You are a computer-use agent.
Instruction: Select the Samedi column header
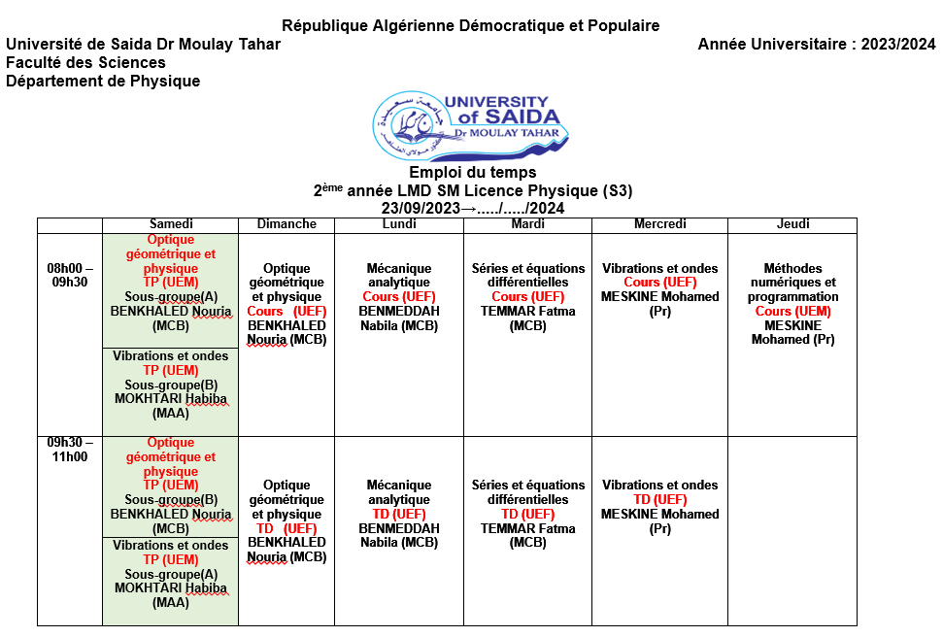[x=170, y=224]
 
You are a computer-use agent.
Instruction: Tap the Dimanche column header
[x=286, y=224]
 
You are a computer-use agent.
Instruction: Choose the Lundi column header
[x=399, y=224]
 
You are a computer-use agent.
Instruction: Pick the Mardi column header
[x=527, y=224]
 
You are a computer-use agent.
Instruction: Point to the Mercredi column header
[x=659, y=224]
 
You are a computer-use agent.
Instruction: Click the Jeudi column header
[x=792, y=224]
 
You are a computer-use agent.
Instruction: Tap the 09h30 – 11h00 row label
[x=70, y=450]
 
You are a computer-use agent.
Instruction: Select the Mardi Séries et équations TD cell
[x=527, y=514]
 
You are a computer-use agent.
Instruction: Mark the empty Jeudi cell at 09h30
[x=792, y=529]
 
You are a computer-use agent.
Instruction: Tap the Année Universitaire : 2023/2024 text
[x=817, y=44]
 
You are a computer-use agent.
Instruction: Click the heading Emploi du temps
[x=472, y=173]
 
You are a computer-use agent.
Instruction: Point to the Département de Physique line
[x=103, y=82]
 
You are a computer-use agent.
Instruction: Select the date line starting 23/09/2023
[x=472, y=208]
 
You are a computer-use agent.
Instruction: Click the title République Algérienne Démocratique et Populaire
[x=470, y=25]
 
